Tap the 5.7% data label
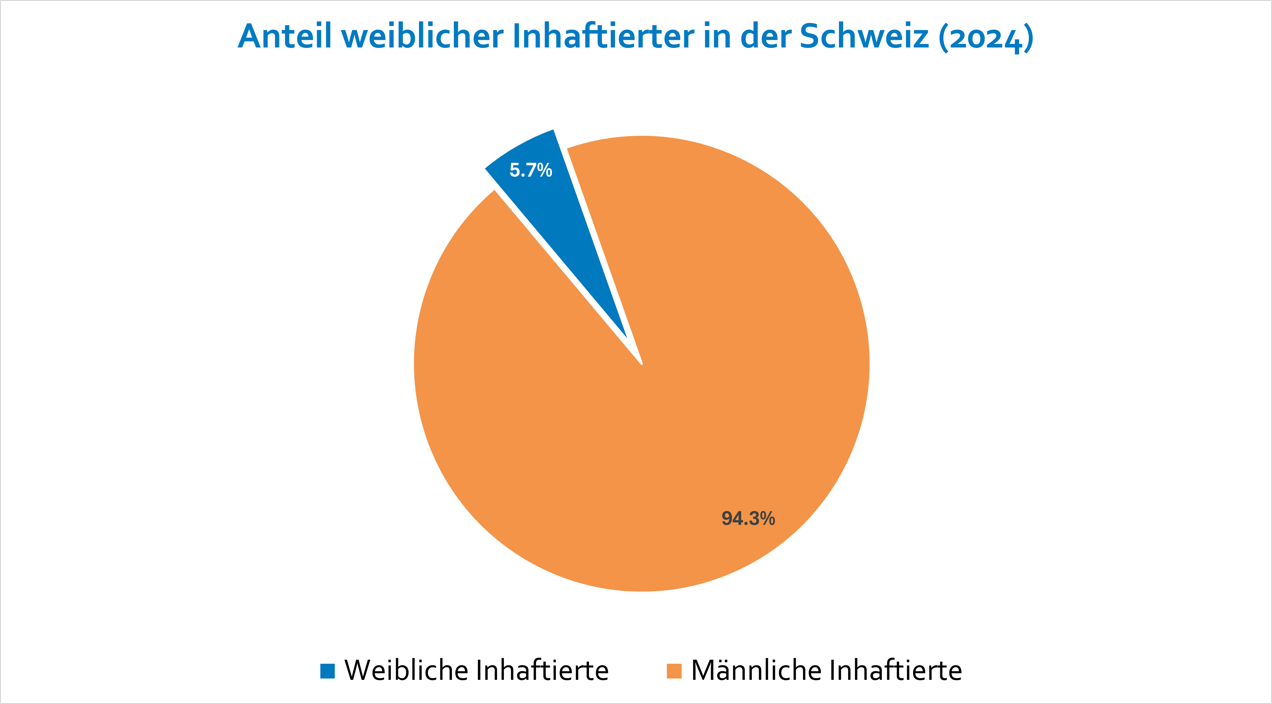pyautogui.click(x=530, y=170)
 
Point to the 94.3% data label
pyautogui.click(x=748, y=518)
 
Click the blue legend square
pyautogui.click(x=327, y=671)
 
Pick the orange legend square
pyautogui.click(x=674, y=671)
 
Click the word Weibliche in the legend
pyautogui.click(x=406, y=670)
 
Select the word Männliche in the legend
pyautogui.click(x=755, y=670)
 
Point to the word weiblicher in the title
pyautogui.click(x=422, y=37)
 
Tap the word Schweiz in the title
pyautogui.click(x=864, y=37)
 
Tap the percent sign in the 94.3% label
pyautogui.click(x=767, y=518)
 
